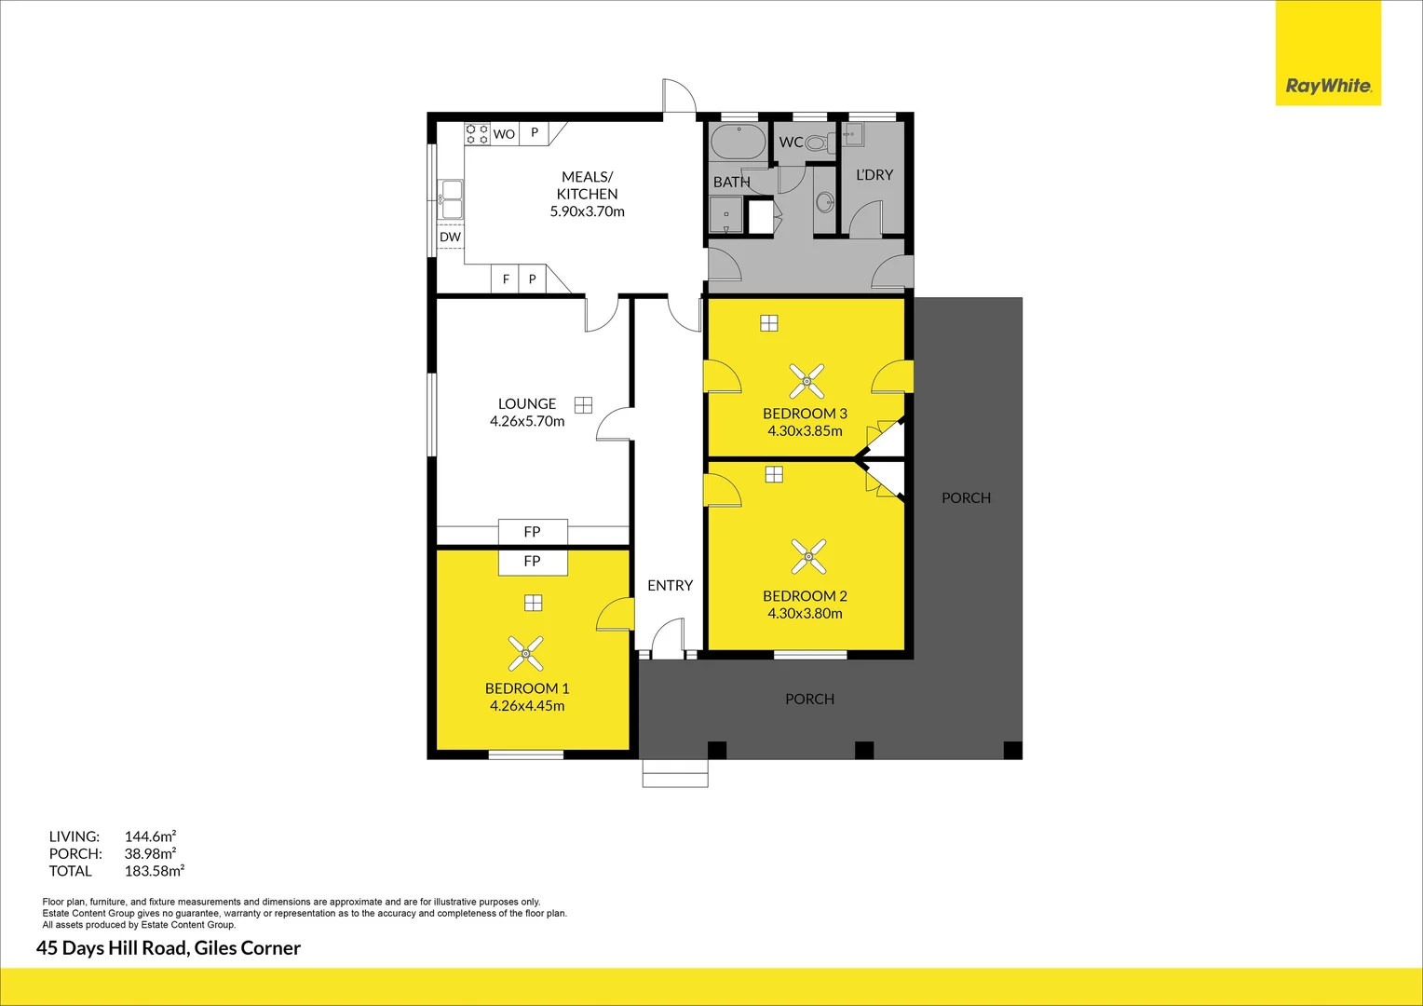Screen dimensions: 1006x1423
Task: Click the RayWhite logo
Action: (x=1328, y=86)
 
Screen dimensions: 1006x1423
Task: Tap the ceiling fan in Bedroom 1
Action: (x=526, y=654)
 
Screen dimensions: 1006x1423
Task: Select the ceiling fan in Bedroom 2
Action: (x=808, y=556)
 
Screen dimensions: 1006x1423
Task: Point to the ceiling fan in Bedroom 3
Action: (x=806, y=381)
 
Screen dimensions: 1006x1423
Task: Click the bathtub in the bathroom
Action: (x=739, y=143)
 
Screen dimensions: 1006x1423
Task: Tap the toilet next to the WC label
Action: (x=820, y=143)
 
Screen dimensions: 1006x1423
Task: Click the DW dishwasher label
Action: (x=450, y=237)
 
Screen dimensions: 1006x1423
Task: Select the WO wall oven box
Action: (x=504, y=133)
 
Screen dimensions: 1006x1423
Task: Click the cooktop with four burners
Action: (x=477, y=133)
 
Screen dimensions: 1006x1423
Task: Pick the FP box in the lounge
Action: (x=532, y=531)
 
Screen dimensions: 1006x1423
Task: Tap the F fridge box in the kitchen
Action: (x=506, y=279)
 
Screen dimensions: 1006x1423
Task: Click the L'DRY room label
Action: (x=874, y=174)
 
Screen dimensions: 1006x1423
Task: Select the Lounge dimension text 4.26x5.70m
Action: (x=527, y=421)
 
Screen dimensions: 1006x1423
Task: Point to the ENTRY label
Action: (x=670, y=585)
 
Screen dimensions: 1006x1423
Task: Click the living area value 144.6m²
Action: (x=150, y=836)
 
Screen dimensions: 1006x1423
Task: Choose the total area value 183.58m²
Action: (x=154, y=871)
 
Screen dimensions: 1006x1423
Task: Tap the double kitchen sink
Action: (x=451, y=200)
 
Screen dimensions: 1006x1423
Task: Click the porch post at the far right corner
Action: (x=1012, y=750)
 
